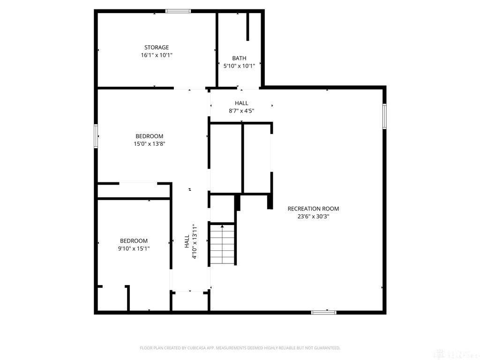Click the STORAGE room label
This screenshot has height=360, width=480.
(x=157, y=47)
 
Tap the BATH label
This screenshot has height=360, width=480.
(x=239, y=58)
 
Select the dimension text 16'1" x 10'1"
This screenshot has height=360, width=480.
(x=157, y=55)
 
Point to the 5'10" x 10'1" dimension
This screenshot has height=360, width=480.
(x=239, y=66)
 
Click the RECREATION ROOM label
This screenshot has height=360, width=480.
(x=313, y=209)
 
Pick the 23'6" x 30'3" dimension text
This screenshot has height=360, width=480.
(x=313, y=217)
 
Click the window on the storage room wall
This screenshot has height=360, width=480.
(x=178, y=11)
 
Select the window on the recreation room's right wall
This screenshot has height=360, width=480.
(x=384, y=116)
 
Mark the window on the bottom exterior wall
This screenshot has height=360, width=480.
(x=323, y=312)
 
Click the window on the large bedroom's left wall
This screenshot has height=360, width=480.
(x=96, y=136)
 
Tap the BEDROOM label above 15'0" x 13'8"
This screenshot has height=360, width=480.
(x=150, y=136)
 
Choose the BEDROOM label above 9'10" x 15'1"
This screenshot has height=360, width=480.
(x=134, y=241)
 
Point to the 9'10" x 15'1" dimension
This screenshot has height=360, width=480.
(x=134, y=248)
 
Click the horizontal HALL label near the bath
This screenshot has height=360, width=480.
(x=241, y=103)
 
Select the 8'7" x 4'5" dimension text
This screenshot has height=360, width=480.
(x=241, y=111)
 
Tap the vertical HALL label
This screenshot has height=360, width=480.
(x=187, y=241)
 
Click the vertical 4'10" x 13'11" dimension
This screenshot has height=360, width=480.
(x=195, y=241)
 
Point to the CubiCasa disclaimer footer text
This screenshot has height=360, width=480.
(x=240, y=348)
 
